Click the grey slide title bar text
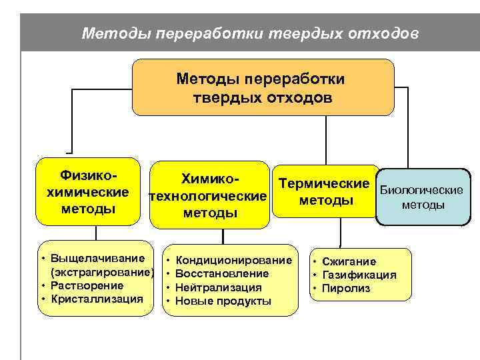251,32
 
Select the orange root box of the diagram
263,87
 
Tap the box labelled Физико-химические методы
89,192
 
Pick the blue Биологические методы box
421,197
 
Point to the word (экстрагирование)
102,272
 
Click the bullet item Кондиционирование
233,259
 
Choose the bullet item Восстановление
222,273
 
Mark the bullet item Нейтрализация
218,287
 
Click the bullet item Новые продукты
223,301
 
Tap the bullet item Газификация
359,275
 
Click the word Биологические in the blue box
421,190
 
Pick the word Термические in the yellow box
324,183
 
